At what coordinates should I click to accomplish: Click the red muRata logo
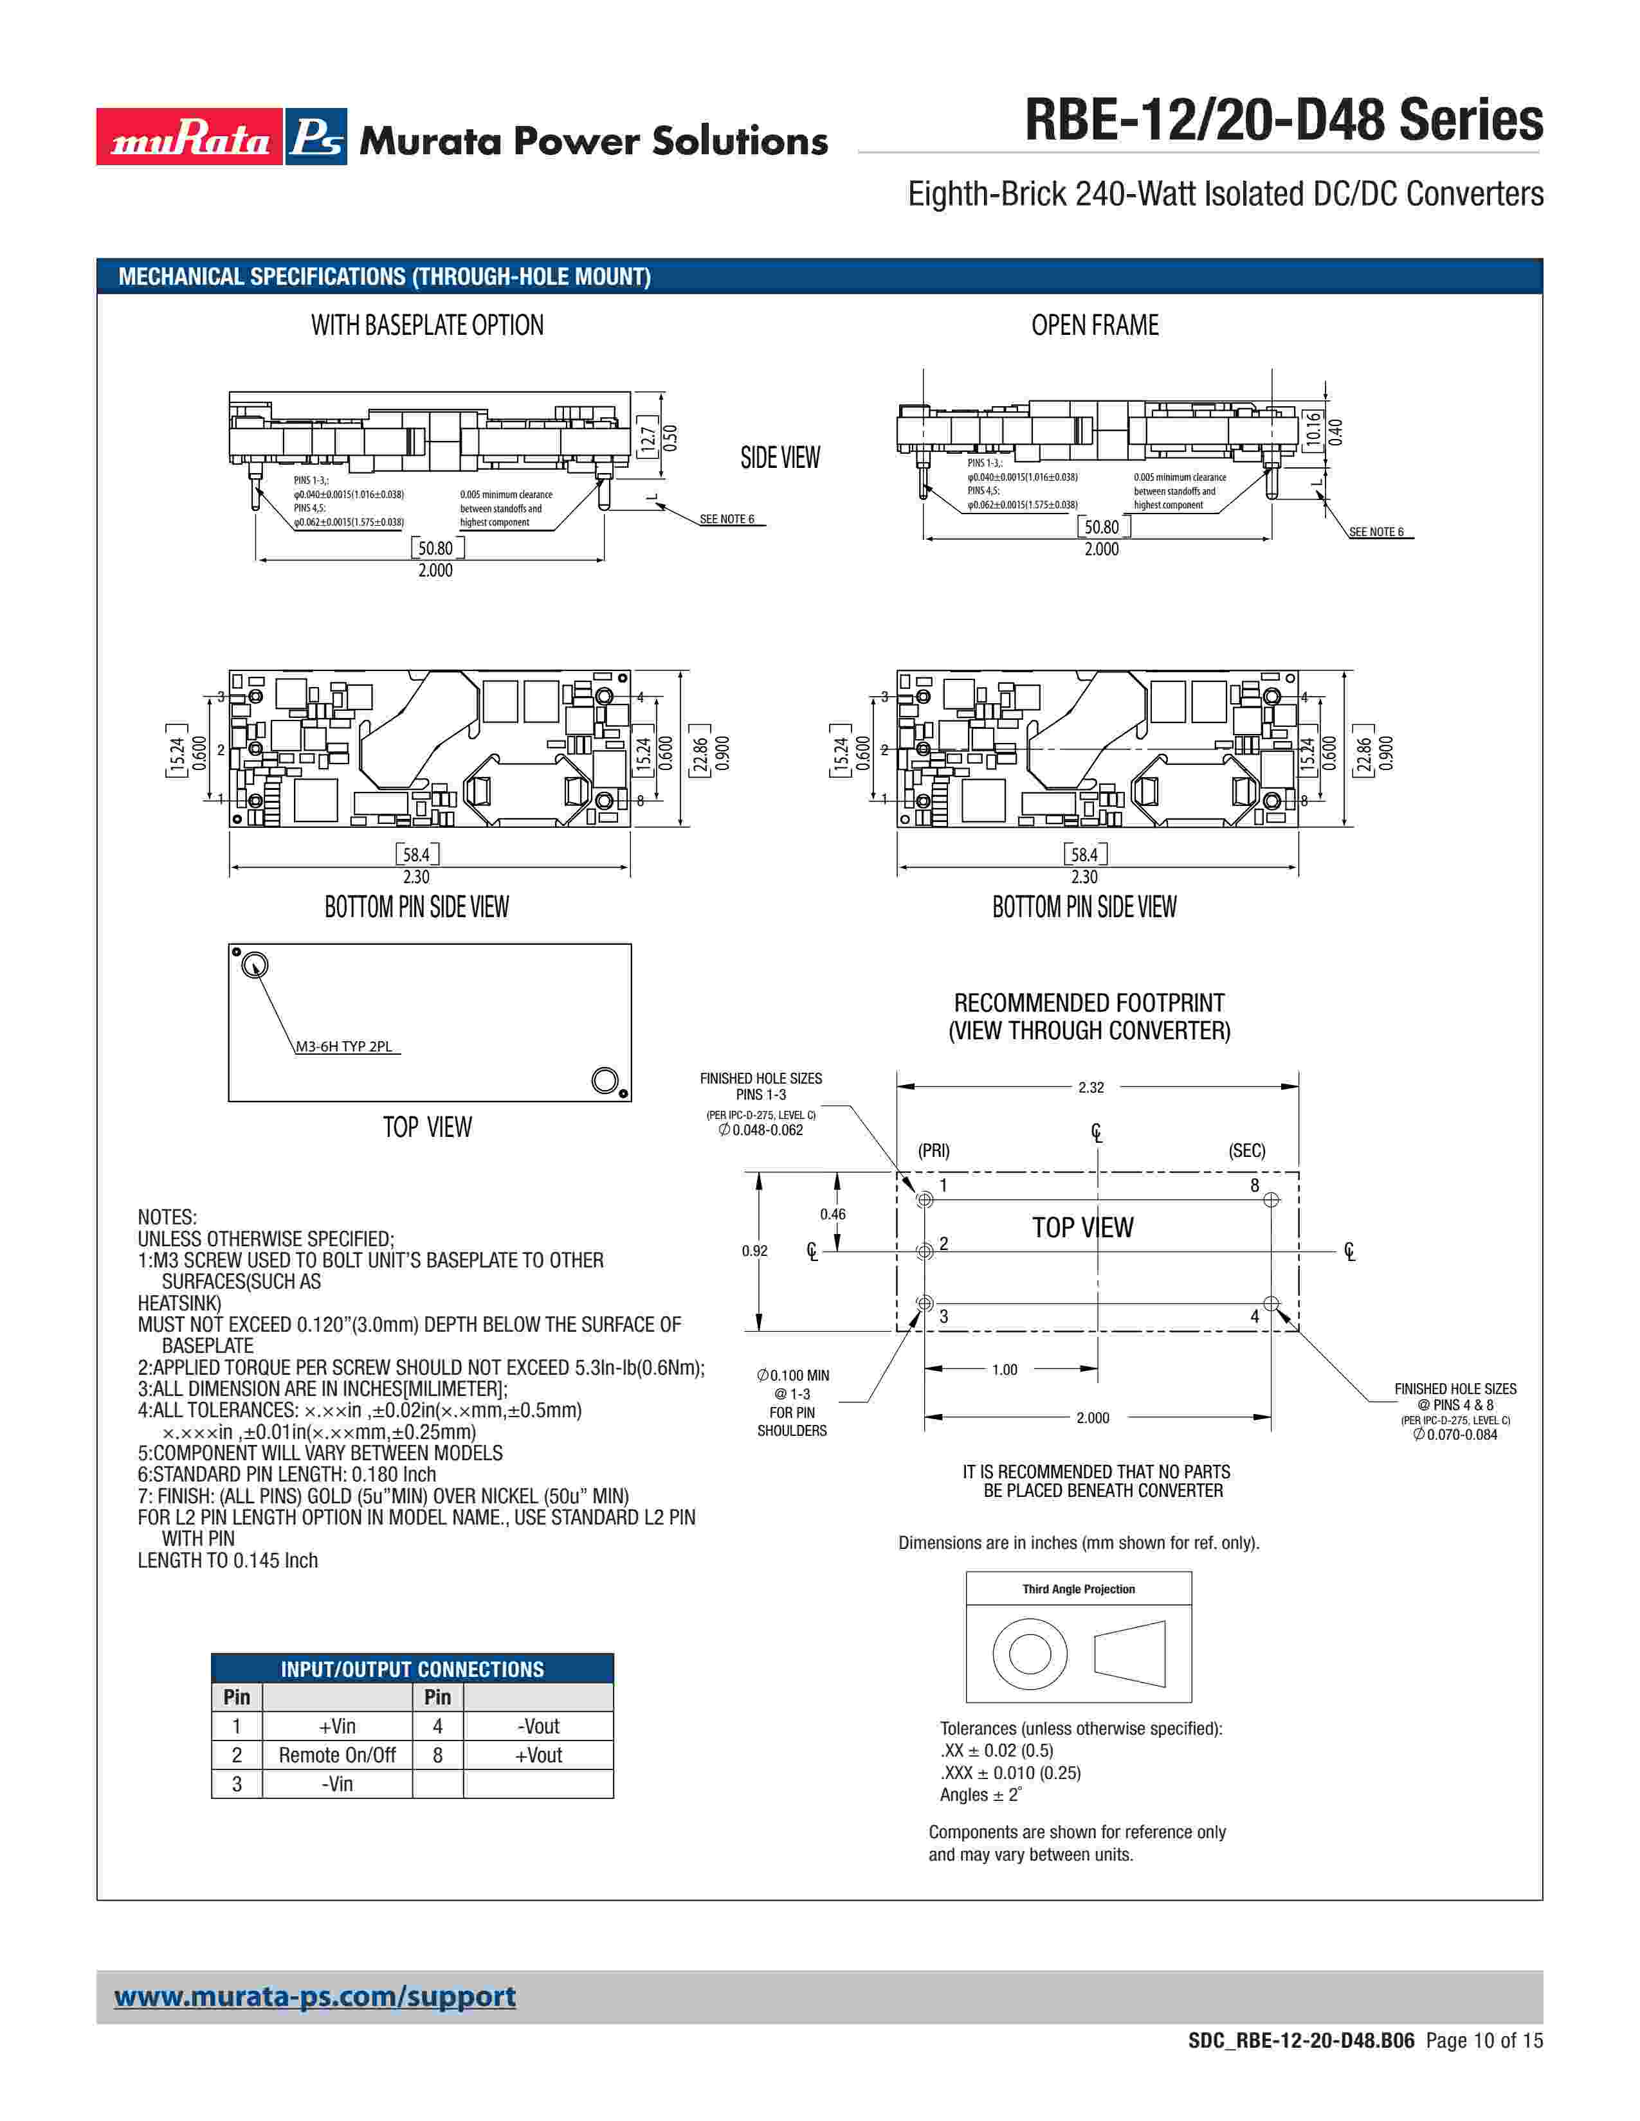190,137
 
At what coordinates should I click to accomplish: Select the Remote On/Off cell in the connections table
337,1755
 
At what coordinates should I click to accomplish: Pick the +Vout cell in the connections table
538,1755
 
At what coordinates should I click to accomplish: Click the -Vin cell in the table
337,1784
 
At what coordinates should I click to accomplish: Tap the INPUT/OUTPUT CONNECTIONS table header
412,1669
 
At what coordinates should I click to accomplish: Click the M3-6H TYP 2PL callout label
344,1046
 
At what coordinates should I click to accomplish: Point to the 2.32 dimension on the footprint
1090,1087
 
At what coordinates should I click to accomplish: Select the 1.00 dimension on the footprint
1005,1369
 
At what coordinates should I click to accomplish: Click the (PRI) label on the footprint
934,1151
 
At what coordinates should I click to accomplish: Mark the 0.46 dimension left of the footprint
833,1214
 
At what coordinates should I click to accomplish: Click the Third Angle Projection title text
1079,1589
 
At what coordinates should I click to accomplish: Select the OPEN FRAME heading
1095,325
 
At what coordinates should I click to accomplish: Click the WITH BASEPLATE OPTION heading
428,325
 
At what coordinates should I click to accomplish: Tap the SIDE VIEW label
780,458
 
